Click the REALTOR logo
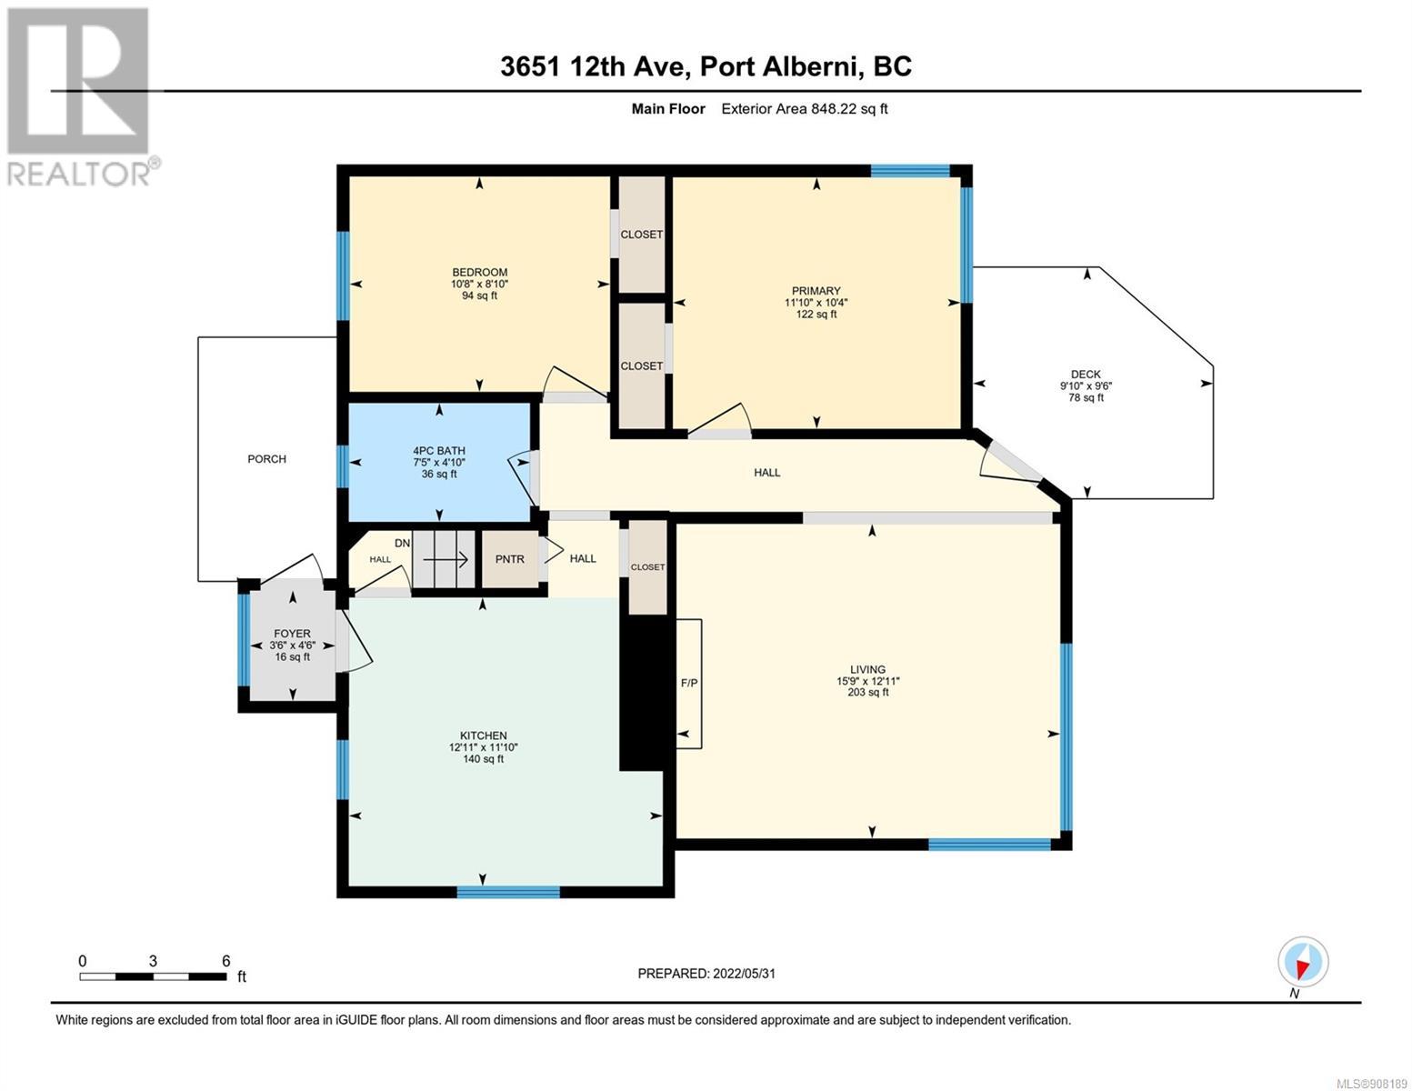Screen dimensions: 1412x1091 [81, 97]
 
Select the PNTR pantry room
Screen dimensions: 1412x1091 [510, 559]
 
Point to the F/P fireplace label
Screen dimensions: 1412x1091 [689, 683]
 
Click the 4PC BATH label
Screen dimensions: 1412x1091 [439, 450]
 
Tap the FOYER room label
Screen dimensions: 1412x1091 [292, 633]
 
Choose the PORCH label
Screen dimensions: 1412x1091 [266, 459]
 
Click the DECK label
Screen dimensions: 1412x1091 [1086, 375]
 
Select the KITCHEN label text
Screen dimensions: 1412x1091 [483, 736]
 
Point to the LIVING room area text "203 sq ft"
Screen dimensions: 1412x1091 [867, 692]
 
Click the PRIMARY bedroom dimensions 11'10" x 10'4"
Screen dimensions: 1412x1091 [816, 302]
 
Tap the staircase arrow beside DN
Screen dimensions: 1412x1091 [446, 559]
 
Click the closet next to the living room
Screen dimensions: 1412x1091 [648, 566]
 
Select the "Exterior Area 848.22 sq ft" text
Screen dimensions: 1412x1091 [805, 108]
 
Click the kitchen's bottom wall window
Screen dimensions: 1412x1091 [508, 892]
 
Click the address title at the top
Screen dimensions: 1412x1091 [706, 66]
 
